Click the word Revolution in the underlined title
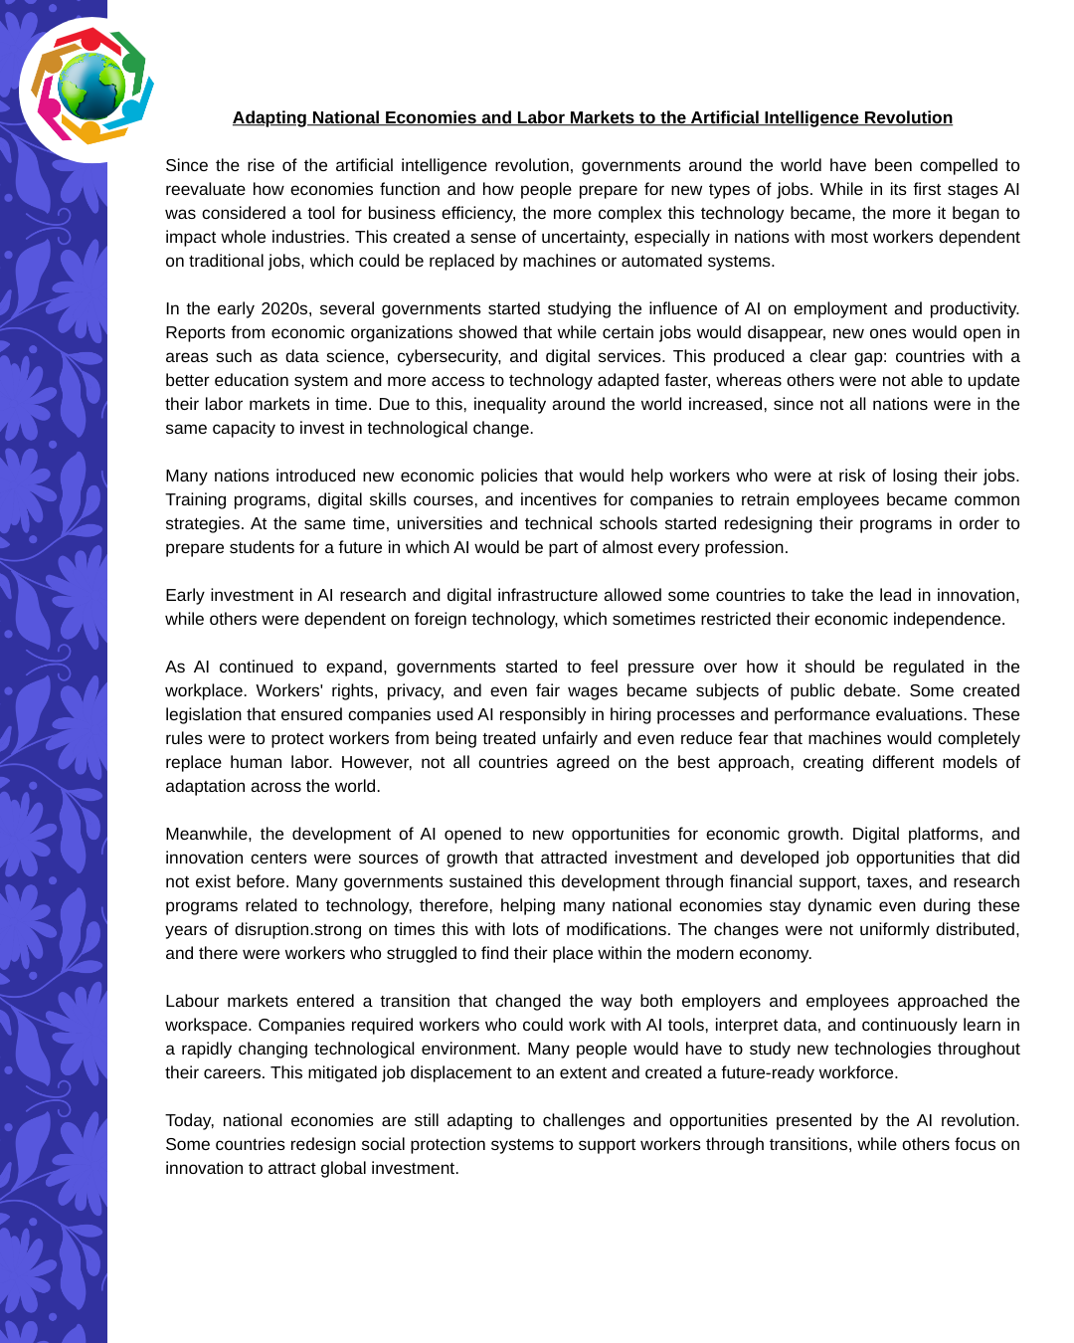pos(907,117)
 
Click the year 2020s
pos(284,308)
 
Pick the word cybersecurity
pos(439,356)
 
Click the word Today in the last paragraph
pos(188,1120)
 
